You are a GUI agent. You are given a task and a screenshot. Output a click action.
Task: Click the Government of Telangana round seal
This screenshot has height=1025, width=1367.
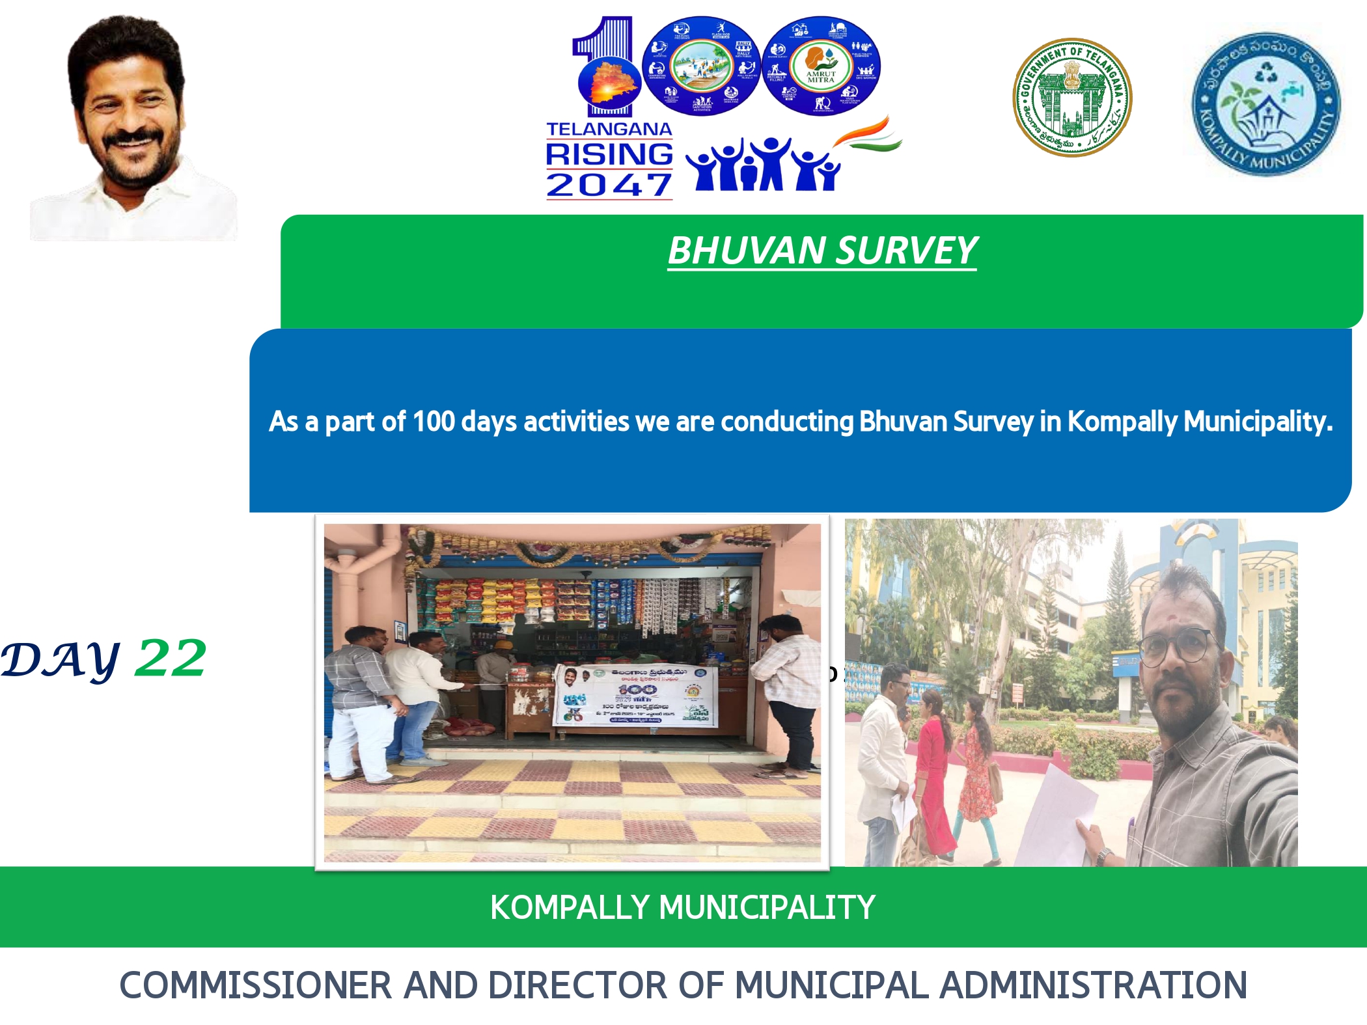click(1072, 97)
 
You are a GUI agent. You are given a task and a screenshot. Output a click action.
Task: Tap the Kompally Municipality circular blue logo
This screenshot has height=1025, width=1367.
click(1266, 104)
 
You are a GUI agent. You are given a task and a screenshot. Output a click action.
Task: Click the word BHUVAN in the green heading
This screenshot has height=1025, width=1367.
click(746, 251)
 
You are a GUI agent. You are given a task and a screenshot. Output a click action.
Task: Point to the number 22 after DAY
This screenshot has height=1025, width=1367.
click(171, 658)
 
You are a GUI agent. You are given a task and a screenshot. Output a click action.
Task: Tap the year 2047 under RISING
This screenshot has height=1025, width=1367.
click(609, 185)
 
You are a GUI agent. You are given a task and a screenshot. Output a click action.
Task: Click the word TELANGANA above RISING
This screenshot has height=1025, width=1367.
click(609, 129)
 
